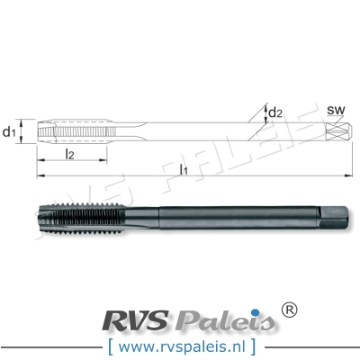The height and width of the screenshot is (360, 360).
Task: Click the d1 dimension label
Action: point(10,132)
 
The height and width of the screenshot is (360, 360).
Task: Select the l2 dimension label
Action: point(70,156)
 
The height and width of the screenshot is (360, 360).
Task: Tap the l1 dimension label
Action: point(183,168)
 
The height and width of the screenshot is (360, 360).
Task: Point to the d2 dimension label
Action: point(276,112)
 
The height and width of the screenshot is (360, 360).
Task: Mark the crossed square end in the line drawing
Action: point(336,132)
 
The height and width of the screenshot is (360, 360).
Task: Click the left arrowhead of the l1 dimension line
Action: point(40,174)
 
